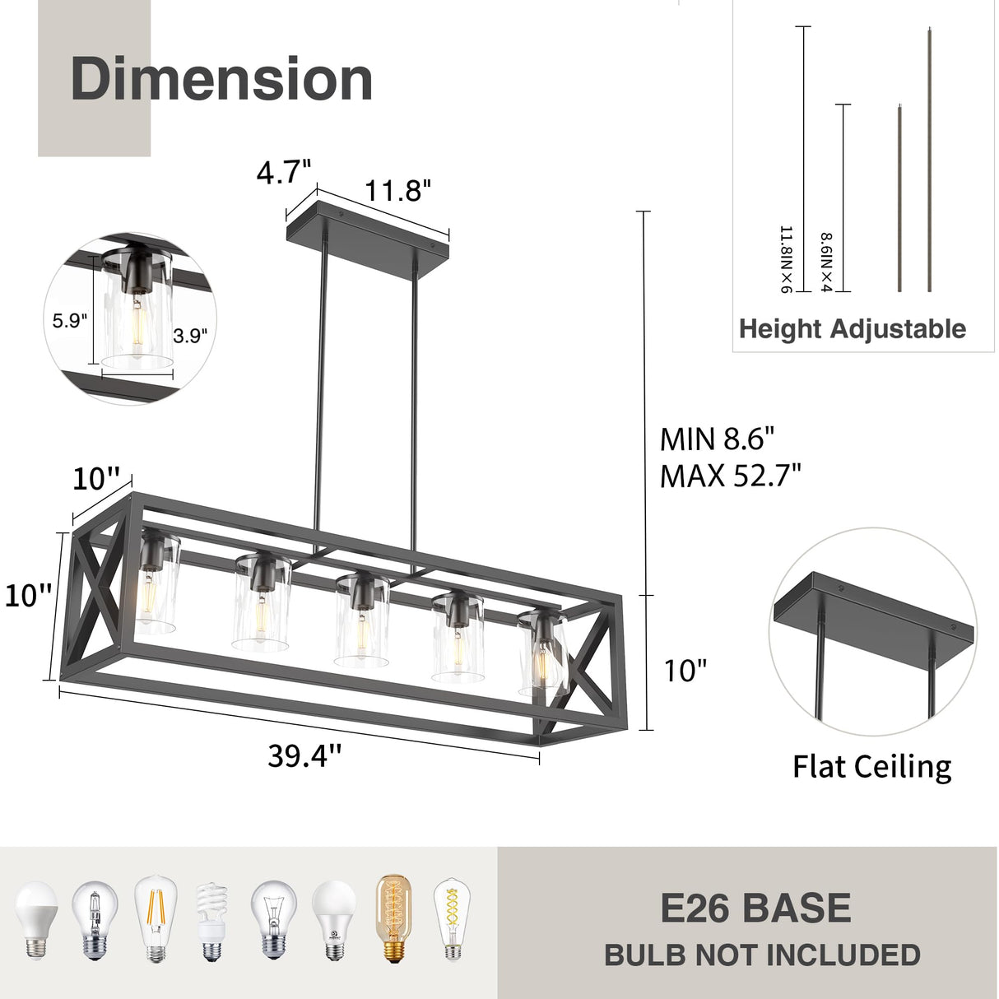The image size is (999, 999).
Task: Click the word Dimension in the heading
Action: [221, 79]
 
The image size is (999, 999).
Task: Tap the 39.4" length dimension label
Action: [304, 755]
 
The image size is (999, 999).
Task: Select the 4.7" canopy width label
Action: [284, 173]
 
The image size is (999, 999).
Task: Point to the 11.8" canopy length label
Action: [398, 191]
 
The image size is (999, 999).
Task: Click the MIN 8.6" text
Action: [717, 439]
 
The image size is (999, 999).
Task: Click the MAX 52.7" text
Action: [730, 476]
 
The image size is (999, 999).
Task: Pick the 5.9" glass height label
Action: [70, 321]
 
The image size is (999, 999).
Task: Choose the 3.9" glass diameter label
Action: [190, 336]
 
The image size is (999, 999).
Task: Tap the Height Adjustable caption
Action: [852, 329]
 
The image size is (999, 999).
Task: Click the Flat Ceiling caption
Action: [871, 767]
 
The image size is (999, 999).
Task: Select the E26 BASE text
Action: [755, 908]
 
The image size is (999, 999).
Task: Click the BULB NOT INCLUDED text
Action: [762, 955]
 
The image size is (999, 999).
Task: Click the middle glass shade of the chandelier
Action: [360, 621]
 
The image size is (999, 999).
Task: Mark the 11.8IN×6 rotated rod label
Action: [784, 259]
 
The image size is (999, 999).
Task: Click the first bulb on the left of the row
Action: [36, 919]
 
